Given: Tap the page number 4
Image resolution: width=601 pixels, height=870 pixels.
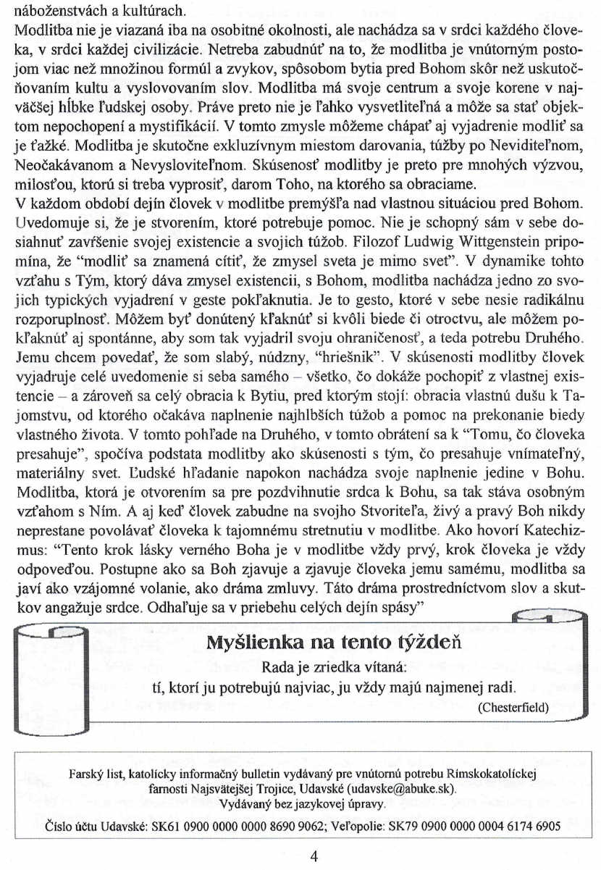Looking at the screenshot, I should click(314, 856).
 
